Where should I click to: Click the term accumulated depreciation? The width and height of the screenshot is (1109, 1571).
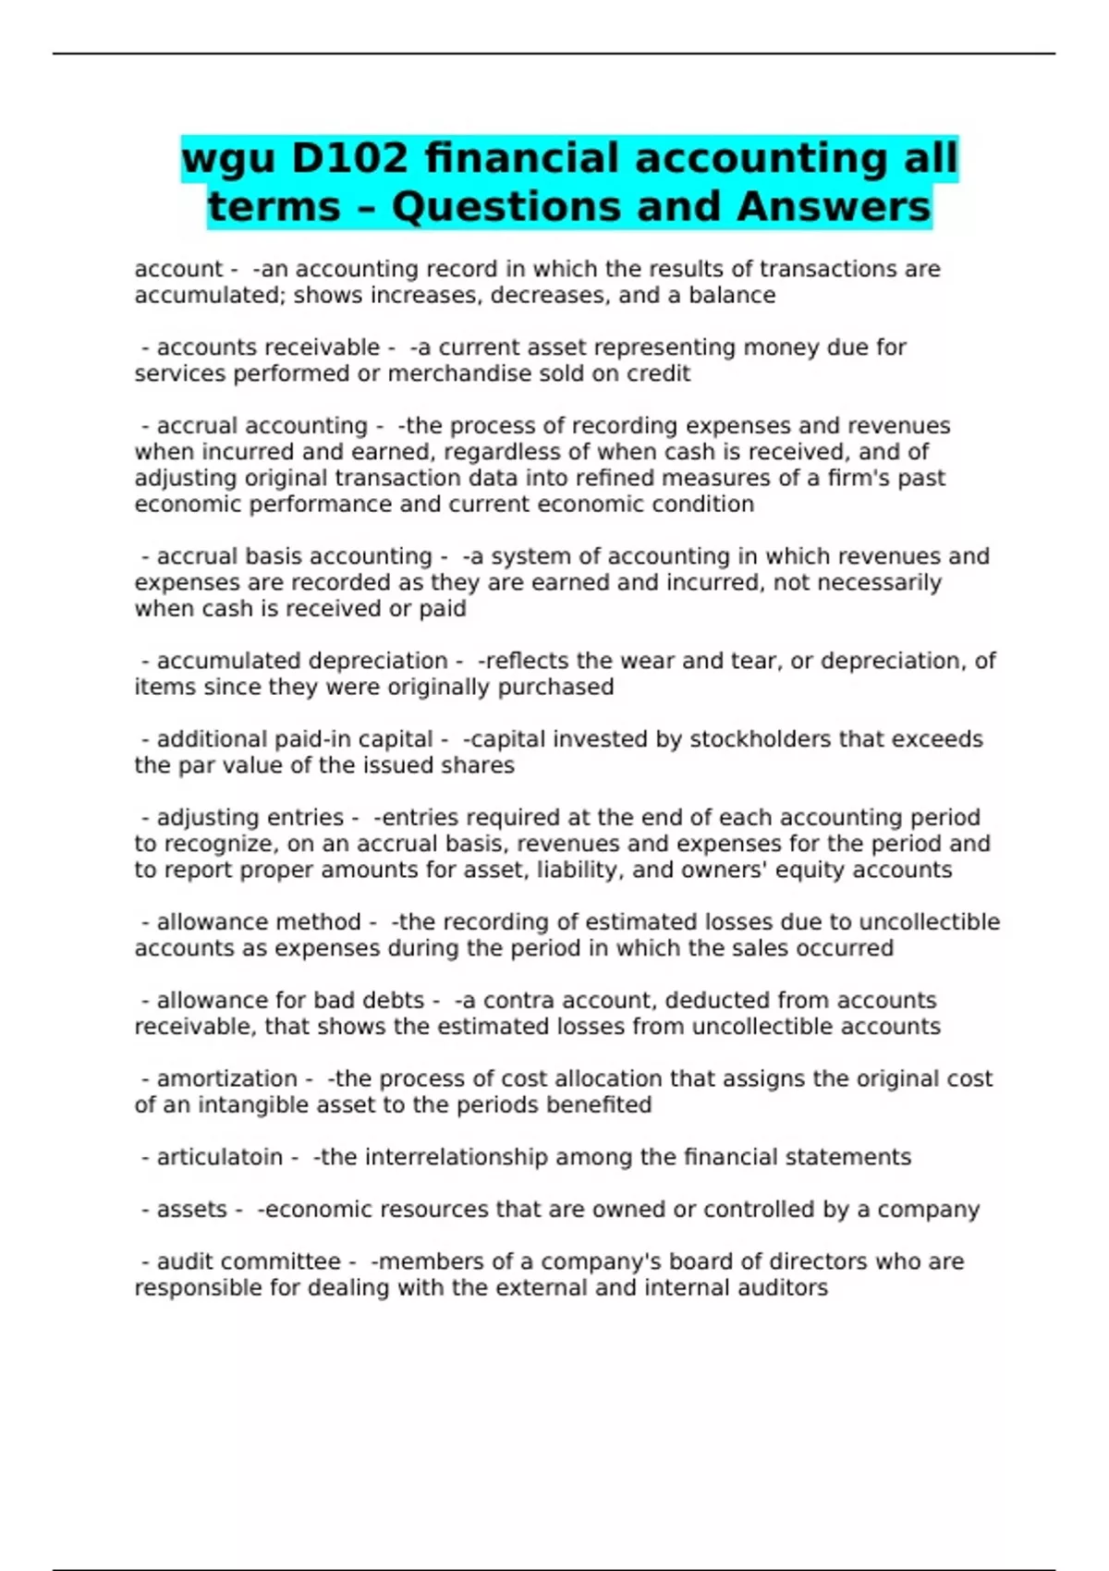(x=302, y=661)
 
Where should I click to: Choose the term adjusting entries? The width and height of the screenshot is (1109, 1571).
(x=250, y=818)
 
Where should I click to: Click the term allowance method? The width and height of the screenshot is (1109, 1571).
(x=259, y=922)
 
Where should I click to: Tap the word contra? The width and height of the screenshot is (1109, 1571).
(x=518, y=1000)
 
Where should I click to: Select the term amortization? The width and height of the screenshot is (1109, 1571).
(x=226, y=1078)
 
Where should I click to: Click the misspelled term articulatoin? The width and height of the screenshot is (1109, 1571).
(x=219, y=1157)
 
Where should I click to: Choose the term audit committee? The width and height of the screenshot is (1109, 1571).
(x=249, y=1261)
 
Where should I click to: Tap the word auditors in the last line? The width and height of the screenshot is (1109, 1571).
(x=782, y=1287)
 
